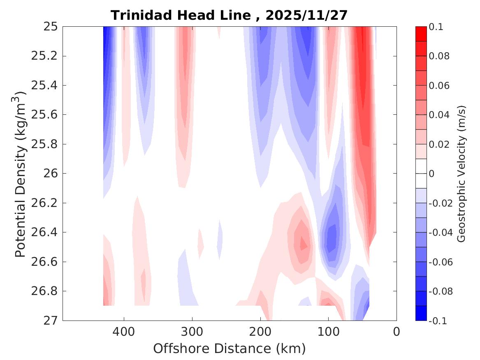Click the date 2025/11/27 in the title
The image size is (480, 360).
[306, 15]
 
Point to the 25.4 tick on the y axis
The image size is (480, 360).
[46, 86]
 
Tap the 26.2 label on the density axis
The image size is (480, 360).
[46, 203]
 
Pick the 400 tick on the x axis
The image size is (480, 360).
[123, 331]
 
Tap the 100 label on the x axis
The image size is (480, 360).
[328, 331]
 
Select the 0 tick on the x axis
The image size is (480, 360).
[397, 331]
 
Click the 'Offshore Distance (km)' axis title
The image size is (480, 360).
[230, 348]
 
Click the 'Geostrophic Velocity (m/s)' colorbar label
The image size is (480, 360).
[461, 174]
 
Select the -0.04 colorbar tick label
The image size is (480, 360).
[441, 232]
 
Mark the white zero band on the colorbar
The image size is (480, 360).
[421, 174]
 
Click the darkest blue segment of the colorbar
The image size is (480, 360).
[421, 313]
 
